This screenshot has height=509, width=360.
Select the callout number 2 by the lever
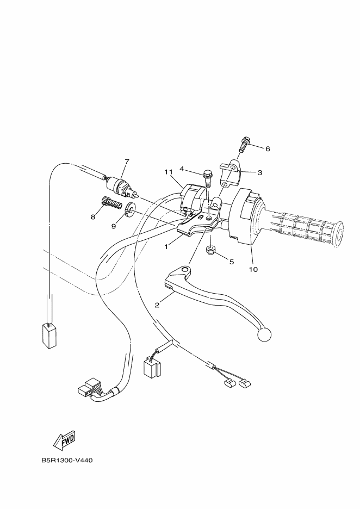pyautogui.click(x=157, y=305)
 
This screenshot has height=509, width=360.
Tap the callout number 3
pyautogui.click(x=260, y=172)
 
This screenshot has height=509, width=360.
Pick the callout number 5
pyautogui.click(x=231, y=262)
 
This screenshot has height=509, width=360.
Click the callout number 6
pyautogui.click(x=267, y=148)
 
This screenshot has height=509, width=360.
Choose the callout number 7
pyautogui.click(x=127, y=162)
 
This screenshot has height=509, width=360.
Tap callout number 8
pyautogui.click(x=93, y=216)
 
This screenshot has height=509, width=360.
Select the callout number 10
pyautogui.click(x=253, y=269)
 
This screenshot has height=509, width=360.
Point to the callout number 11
pyautogui.click(x=169, y=172)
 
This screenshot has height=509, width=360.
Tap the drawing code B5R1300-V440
pyautogui.click(x=67, y=460)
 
